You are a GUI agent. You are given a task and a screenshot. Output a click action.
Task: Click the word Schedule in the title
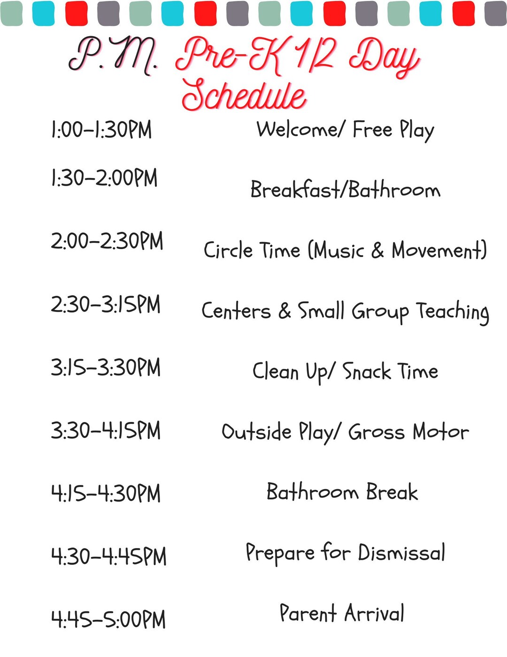pyautogui.click(x=244, y=95)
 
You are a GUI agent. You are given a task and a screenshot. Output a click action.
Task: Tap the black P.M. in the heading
pyautogui.click(x=113, y=55)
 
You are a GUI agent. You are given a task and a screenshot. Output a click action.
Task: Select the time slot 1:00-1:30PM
pyautogui.click(x=101, y=130)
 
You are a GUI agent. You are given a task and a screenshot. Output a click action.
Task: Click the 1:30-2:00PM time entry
pyautogui.click(x=104, y=179)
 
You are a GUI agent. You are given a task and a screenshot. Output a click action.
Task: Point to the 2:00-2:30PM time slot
pyautogui.click(x=107, y=242)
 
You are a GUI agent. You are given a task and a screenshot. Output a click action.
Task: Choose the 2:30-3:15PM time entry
pyautogui.click(x=106, y=305)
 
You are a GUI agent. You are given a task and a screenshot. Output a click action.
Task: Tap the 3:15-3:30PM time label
pyautogui.click(x=106, y=368)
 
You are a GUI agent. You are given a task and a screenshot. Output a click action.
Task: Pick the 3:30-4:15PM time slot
pyautogui.click(x=106, y=430)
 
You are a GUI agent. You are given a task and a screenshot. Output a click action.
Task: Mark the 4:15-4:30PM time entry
pyautogui.click(x=106, y=493)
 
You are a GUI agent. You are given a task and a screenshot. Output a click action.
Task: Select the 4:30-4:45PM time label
pyautogui.click(x=108, y=556)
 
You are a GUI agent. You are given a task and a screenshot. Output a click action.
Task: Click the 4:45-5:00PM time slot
pyautogui.click(x=108, y=619)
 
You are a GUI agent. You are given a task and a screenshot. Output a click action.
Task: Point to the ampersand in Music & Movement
pyautogui.click(x=377, y=250)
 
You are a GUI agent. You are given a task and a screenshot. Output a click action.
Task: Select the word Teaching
pyautogui.click(x=453, y=311)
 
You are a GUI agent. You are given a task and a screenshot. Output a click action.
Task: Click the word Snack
pyautogui.click(x=367, y=371)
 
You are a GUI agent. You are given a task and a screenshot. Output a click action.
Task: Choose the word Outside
pyautogui.click(x=256, y=431)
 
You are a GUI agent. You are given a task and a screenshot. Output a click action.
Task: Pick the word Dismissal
pyautogui.click(x=401, y=553)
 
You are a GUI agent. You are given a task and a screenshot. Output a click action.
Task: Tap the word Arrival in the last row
pyautogui.click(x=374, y=613)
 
